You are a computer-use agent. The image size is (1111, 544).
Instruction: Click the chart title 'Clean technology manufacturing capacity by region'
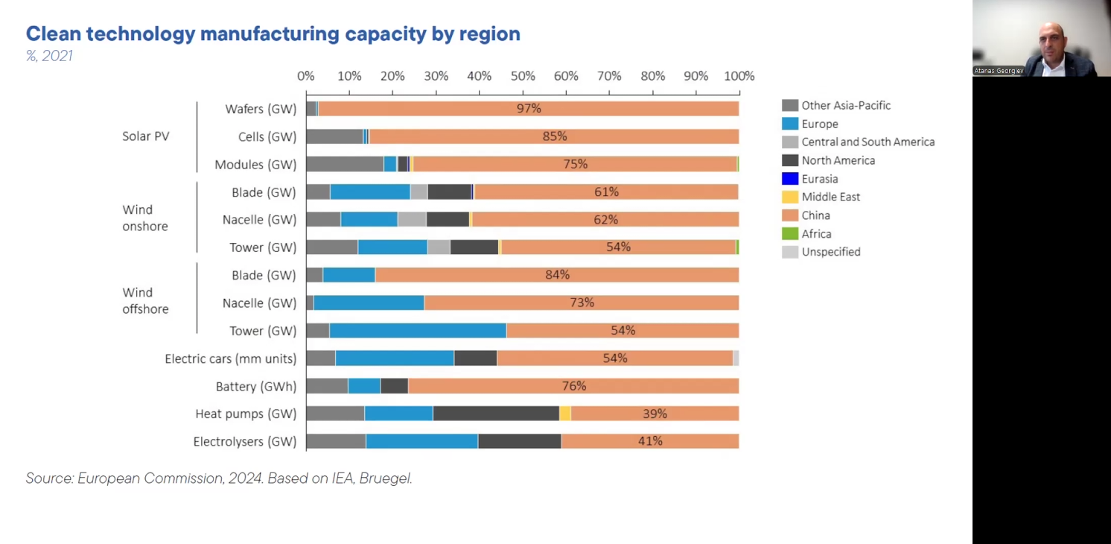(x=273, y=34)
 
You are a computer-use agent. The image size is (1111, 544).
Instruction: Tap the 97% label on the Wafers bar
(x=529, y=109)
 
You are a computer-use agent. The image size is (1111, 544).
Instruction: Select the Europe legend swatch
(x=790, y=124)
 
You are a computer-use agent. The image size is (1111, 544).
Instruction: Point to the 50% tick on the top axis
(x=523, y=76)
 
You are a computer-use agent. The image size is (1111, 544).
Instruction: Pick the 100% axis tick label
(x=739, y=76)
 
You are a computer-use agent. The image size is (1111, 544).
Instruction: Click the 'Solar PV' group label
(x=146, y=136)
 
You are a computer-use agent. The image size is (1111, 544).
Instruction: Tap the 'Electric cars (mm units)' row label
(x=231, y=358)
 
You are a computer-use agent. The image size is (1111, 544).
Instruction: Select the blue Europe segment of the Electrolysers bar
(x=421, y=441)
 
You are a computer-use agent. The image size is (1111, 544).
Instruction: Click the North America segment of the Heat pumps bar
(x=495, y=414)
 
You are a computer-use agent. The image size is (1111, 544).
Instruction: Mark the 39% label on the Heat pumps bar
(x=655, y=414)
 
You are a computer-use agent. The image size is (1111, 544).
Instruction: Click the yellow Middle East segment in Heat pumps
(x=565, y=414)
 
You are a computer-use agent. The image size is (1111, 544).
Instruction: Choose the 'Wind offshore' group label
(x=145, y=301)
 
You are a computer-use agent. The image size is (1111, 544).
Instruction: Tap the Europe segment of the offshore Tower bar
(x=417, y=331)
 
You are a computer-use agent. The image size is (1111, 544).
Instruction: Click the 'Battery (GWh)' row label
(x=256, y=386)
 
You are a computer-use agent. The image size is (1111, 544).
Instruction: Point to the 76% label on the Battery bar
(x=574, y=386)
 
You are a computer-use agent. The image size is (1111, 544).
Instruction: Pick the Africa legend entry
(x=816, y=233)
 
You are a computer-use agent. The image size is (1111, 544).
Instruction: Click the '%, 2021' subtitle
(x=49, y=56)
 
